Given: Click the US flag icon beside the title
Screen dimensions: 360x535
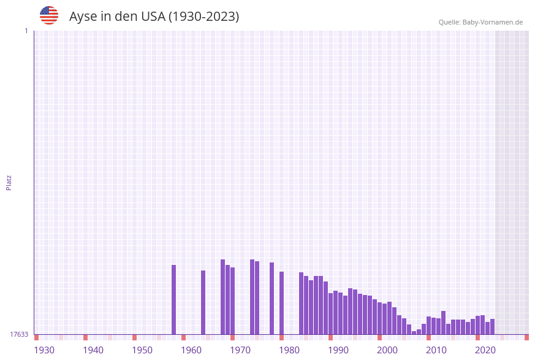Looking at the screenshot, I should pyautogui.click(x=49, y=15).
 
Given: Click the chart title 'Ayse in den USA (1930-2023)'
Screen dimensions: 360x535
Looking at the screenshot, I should pyautogui.click(x=154, y=17).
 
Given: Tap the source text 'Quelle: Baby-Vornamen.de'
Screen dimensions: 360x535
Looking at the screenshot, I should pyautogui.click(x=480, y=22).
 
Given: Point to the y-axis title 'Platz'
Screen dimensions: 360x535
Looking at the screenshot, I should pyautogui.click(x=9, y=183).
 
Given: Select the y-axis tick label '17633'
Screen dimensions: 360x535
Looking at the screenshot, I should pyautogui.click(x=19, y=334).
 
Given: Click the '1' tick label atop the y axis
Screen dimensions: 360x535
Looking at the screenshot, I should pyautogui.click(x=26, y=31).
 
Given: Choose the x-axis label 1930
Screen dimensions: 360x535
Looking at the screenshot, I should pyautogui.click(x=44, y=350).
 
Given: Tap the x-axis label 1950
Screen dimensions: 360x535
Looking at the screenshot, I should pyautogui.click(x=142, y=350).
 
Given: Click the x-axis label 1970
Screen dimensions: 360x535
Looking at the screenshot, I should pyautogui.click(x=240, y=350).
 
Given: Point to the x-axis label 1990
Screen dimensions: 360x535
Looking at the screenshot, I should pyautogui.click(x=338, y=350).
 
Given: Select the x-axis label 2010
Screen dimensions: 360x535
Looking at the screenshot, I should pyautogui.click(x=436, y=350).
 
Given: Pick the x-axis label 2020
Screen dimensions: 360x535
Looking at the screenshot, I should pyautogui.click(x=485, y=350).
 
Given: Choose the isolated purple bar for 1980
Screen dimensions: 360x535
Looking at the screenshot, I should pyautogui.click(x=282, y=303).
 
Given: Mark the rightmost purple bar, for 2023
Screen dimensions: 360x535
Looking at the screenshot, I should pyautogui.click(x=493, y=326).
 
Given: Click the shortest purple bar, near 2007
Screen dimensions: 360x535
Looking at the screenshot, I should pyautogui.click(x=414, y=332).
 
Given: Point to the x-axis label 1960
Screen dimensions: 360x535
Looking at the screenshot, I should pyautogui.click(x=191, y=350).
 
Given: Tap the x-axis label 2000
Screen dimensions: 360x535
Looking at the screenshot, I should pyautogui.click(x=387, y=350).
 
